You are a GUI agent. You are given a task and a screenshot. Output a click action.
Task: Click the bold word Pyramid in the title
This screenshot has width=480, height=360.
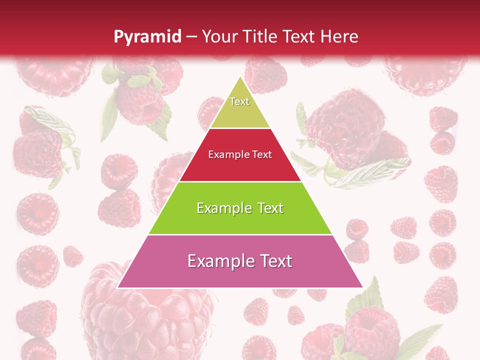(147, 36)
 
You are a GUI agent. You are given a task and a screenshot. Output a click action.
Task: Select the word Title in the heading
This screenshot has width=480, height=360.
(260, 36)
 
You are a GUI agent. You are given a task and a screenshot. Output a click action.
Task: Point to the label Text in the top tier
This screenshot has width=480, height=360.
(239, 101)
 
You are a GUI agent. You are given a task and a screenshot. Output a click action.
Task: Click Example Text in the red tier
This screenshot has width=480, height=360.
(240, 154)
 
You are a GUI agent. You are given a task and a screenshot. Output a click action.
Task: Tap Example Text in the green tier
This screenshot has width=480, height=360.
(240, 208)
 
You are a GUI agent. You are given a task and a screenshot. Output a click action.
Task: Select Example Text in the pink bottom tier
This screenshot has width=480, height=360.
(240, 261)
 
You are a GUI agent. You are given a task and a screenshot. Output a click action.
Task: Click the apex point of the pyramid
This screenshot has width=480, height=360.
(240, 76)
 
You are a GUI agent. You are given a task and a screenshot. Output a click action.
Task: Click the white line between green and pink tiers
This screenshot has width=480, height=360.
(240, 234)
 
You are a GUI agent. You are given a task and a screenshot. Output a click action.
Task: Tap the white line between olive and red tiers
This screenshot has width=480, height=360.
(240, 128)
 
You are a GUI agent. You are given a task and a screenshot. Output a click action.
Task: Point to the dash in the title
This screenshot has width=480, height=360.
(191, 37)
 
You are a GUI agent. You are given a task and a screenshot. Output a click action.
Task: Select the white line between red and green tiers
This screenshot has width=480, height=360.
(240, 181)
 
